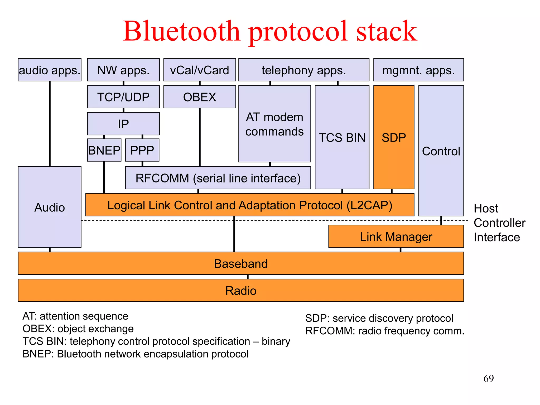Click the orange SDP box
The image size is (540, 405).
coord(394,137)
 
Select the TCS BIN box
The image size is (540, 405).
coord(342,137)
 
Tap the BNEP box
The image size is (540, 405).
coord(104,150)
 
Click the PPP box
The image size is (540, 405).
coord(142,150)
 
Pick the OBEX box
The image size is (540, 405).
coord(200,97)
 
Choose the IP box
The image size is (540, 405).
coord(123,124)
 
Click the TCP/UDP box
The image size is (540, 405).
coord(123,97)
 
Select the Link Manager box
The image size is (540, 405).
coord(396,237)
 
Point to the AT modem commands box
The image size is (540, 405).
coord(274,124)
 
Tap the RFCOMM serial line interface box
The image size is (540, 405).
coord(218,178)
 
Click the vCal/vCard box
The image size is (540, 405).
coord(200,70)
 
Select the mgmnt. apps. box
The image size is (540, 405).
coord(418,70)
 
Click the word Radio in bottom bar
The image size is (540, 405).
coord(241,291)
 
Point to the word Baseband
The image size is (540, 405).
coord(241,264)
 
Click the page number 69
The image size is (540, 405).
coord(488,379)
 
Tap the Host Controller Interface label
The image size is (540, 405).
coord(499,223)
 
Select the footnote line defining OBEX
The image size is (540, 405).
coord(78,329)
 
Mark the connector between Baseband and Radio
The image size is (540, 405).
coord(248,277)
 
